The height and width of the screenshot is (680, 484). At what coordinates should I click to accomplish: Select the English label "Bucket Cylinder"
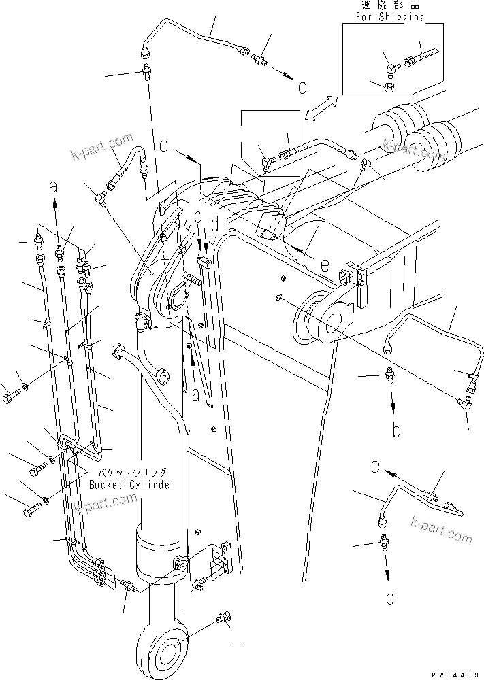coord(131,485)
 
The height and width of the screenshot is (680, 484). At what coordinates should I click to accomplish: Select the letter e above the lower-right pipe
coord(374,467)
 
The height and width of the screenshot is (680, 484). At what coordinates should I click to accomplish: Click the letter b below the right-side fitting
coord(396,430)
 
